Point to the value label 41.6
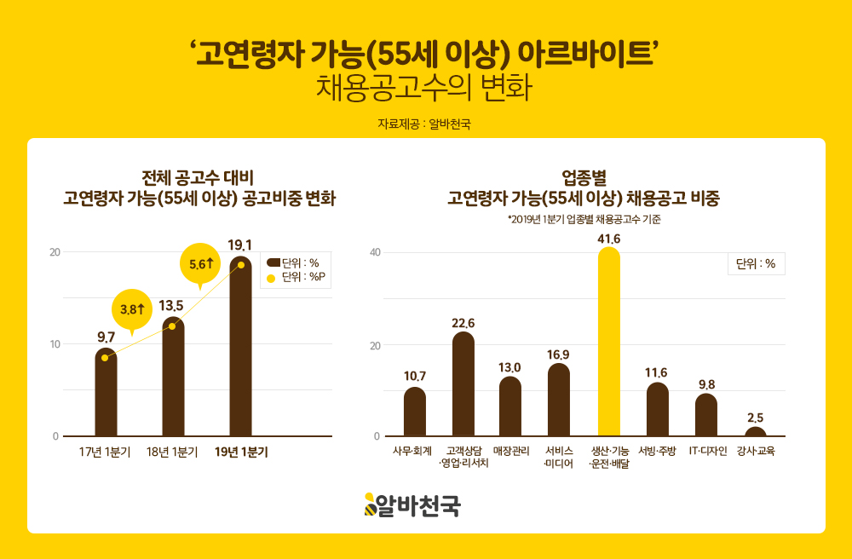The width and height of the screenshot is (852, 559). point(609,239)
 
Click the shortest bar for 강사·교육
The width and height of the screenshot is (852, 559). point(755,432)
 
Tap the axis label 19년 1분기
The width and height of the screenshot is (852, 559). point(241,452)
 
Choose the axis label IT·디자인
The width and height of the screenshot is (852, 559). point(707,451)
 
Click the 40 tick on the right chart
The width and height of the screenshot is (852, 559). point(374,252)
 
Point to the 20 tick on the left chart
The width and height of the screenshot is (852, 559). point(55,252)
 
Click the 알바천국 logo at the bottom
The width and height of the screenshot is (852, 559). point(412,505)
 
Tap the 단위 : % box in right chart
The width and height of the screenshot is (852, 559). point(756,264)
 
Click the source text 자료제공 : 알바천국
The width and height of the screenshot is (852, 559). point(424,124)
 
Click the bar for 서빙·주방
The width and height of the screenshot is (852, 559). point(658,410)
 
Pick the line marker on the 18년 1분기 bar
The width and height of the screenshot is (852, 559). point(173,326)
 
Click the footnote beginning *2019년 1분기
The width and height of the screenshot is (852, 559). point(584,219)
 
